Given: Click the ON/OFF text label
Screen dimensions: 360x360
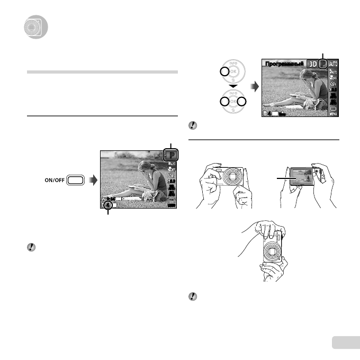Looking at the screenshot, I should [55, 180].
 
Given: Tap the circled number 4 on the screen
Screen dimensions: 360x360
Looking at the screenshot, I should [108, 205].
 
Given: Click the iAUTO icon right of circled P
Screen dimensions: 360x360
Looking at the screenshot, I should [333, 64].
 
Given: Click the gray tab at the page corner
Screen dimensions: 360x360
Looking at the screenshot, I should [347, 343].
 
